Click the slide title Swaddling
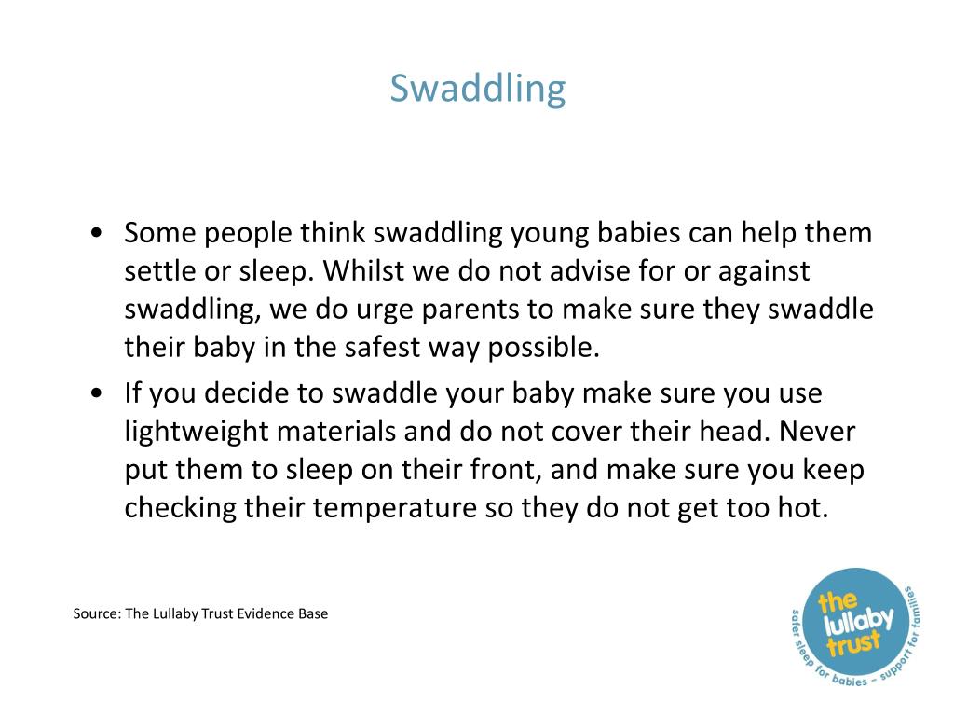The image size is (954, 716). click(477, 89)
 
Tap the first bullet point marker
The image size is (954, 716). click(98, 233)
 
